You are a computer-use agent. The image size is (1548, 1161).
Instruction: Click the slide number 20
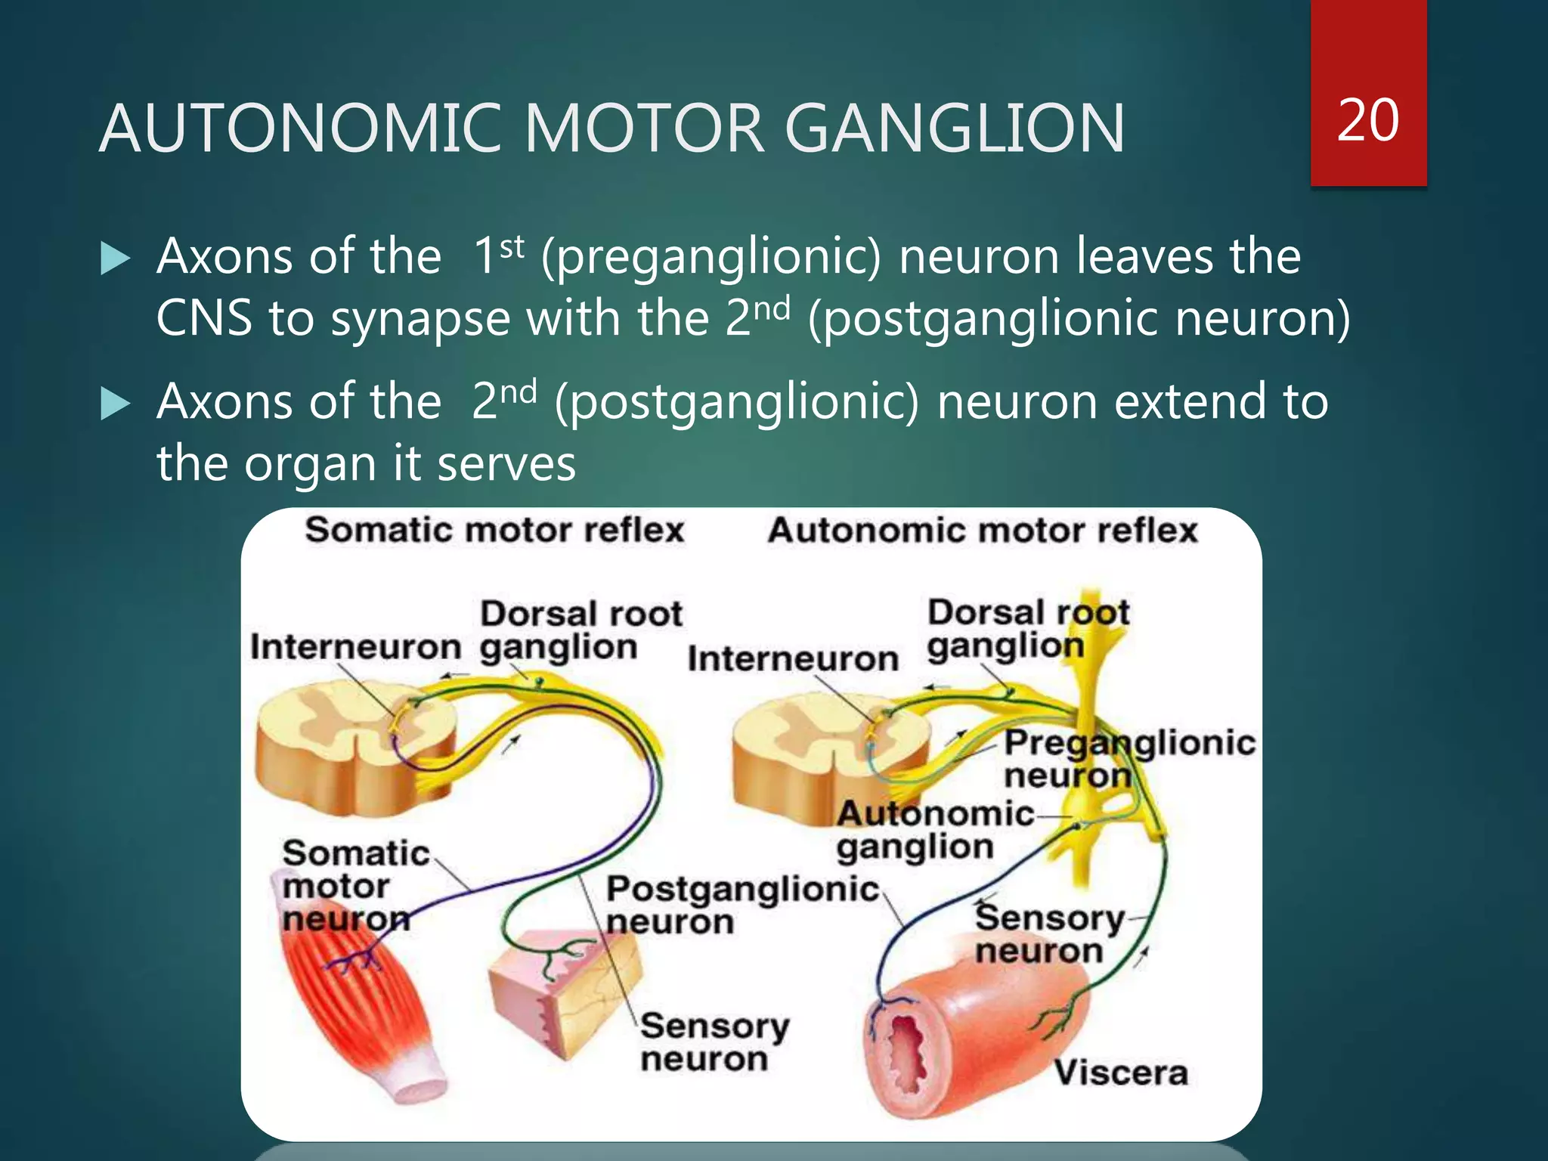pyautogui.click(x=1367, y=121)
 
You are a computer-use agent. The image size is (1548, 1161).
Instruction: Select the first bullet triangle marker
pyautogui.click(x=116, y=259)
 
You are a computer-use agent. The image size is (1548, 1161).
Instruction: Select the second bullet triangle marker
pyautogui.click(x=116, y=404)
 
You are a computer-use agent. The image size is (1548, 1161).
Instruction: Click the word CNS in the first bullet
pyautogui.click(x=203, y=318)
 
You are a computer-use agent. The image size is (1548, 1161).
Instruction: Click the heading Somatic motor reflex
pyautogui.click(x=494, y=530)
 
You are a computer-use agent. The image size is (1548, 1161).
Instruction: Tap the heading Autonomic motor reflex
pyautogui.click(x=983, y=530)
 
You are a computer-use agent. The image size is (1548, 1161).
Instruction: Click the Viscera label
pyautogui.click(x=1121, y=1073)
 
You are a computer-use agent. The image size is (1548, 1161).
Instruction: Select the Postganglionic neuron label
pyautogui.click(x=741, y=906)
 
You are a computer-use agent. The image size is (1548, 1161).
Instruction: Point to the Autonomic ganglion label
pyautogui.click(x=934, y=830)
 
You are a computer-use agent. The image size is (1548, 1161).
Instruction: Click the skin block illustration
pyautogui.click(x=563, y=998)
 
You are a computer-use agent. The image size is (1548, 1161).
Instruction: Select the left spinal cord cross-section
pyautogui.click(x=355, y=745)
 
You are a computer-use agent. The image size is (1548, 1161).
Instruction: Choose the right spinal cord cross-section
pyautogui.click(x=828, y=756)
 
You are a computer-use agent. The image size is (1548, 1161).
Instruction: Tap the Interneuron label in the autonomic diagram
pyautogui.click(x=793, y=658)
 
